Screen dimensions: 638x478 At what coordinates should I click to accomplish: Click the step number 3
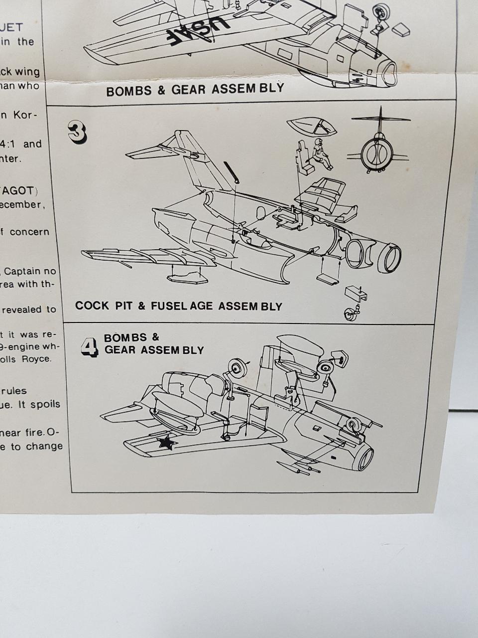[77, 132]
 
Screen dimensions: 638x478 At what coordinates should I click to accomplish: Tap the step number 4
[90, 347]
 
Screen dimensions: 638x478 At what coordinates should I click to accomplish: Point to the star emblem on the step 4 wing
[166, 442]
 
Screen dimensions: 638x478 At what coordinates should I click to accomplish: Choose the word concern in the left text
[29, 232]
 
